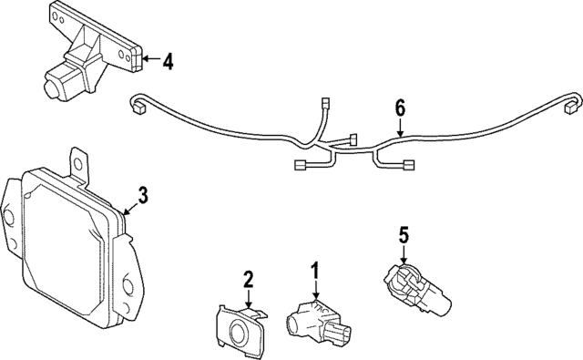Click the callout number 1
(x=315, y=271)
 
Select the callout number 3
(x=142, y=195)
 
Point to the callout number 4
(x=166, y=61)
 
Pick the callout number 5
(x=404, y=235)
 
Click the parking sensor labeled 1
(x=315, y=321)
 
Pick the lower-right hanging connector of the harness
(x=409, y=166)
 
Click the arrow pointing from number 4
(x=150, y=61)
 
